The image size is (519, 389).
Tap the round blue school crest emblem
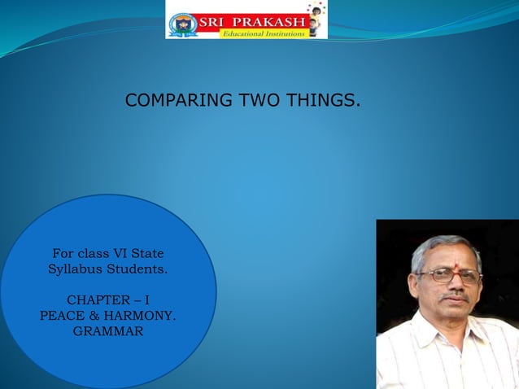[x=183, y=25]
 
